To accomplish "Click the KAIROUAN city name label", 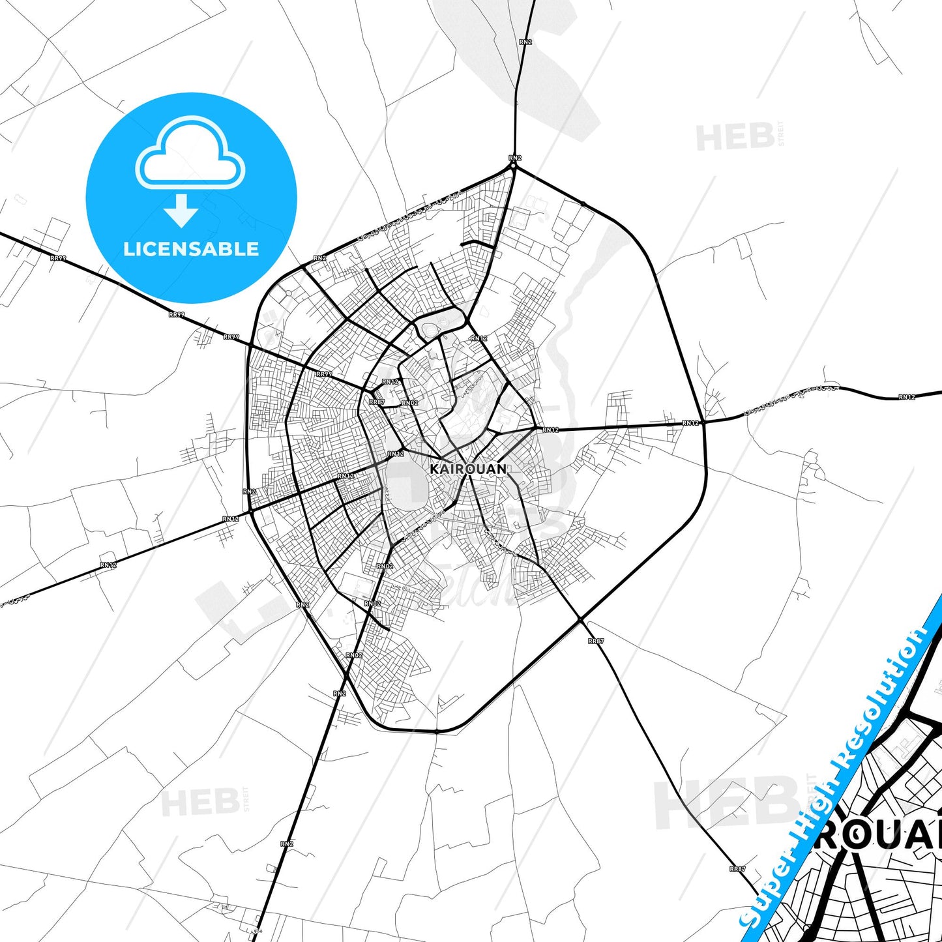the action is pyautogui.click(x=468, y=469).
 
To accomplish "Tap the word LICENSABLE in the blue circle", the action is pyautogui.click(x=191, y=249).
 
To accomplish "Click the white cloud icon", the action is pyautogui.click(x=190, y=153).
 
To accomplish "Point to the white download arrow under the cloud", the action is pyautogui.click(x=181, y=210).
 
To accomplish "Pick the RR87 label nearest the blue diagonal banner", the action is pyautogui.click(x=737, y=869).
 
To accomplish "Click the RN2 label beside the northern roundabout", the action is pyautogui.click(x=515, y=158).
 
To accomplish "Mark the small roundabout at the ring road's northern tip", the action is pyautogui.click(x=514, y=166).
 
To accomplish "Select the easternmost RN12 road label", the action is pyautogui.click(x=907, y=397).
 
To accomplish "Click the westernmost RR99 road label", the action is pyautogui.click(x=58, y=258).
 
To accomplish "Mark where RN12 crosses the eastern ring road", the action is pyautogui.click(x=703, y=422).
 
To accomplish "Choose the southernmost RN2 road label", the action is pyautogui.click(x=287, y=844).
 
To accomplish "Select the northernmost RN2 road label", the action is pyautogui.click(x=525, y=42).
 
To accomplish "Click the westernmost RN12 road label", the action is pyautogui.click(x=108, y=565).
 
